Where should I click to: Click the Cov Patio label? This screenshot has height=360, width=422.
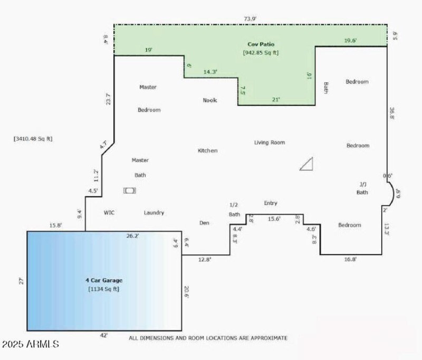261,44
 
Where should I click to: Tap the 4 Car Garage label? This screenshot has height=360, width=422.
104,280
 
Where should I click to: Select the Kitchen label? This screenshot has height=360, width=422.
207,150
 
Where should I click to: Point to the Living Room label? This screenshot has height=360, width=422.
269,143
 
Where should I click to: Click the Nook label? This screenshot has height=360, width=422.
210,100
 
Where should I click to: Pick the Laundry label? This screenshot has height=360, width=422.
154,213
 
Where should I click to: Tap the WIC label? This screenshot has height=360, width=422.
109,213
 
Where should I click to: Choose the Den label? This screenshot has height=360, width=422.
204,223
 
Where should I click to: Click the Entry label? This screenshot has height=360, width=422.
271,203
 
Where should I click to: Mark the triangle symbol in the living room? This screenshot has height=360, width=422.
308,164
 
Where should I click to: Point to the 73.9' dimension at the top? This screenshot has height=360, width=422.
250,18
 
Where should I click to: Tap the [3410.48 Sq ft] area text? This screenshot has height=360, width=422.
33,139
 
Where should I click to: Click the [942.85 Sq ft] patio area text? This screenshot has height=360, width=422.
261,53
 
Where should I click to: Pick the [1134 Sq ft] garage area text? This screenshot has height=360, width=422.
104,289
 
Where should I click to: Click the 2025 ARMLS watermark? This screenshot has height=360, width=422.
30,344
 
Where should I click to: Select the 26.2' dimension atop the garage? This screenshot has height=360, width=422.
132,236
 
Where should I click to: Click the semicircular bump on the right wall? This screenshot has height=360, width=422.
391,194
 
